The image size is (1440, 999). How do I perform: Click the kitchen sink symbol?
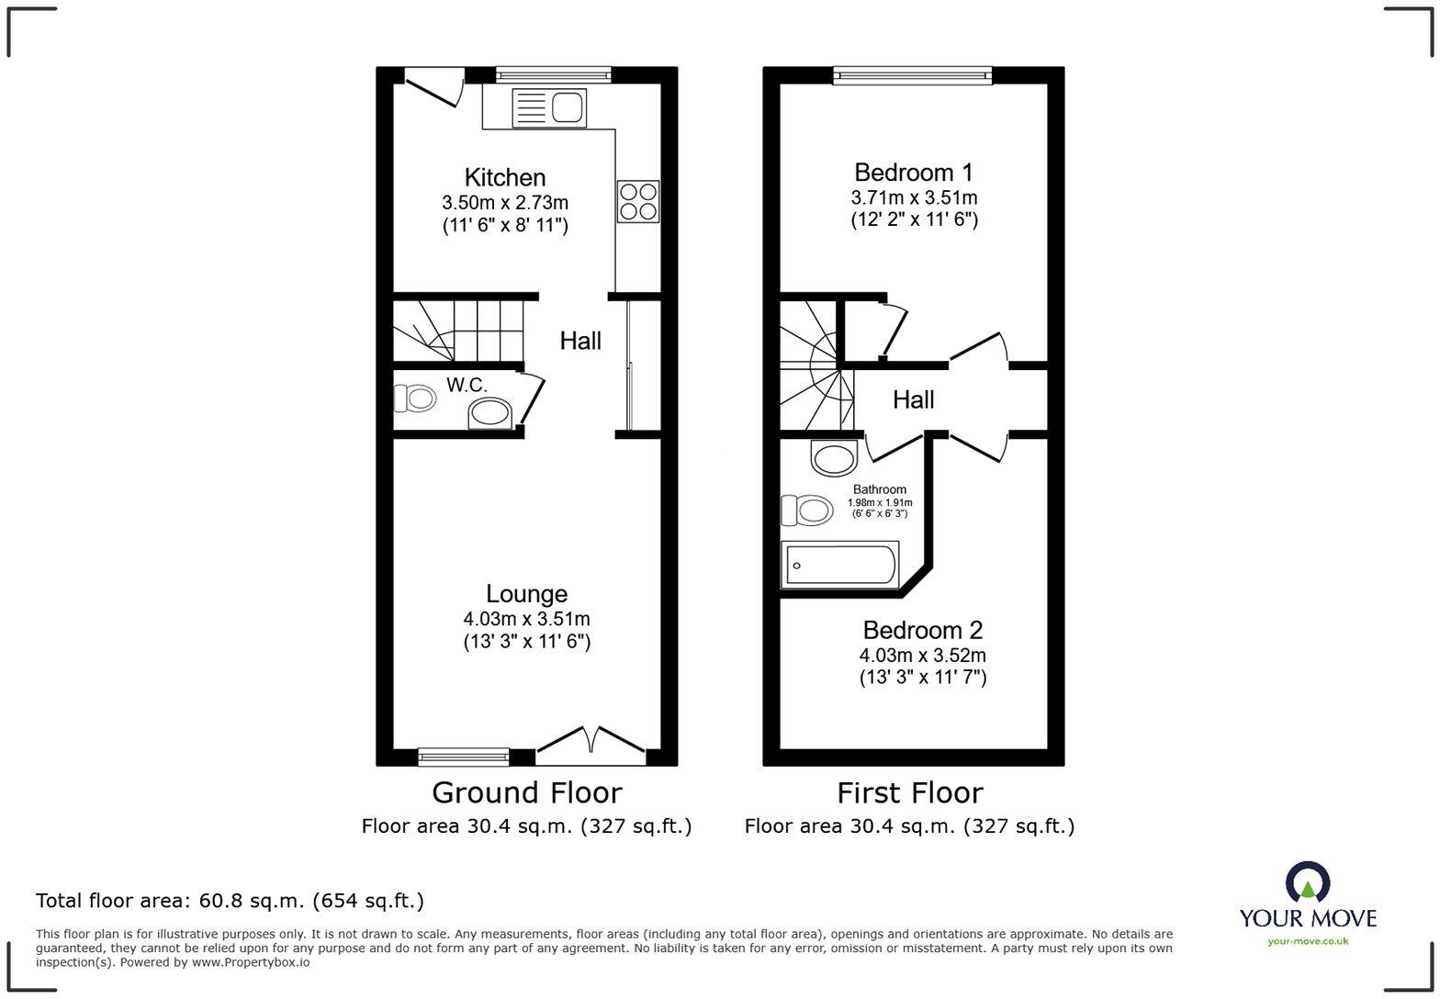[548, 107]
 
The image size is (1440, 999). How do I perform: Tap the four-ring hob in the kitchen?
[637, 201]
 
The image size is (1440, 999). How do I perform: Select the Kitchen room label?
[504, 177]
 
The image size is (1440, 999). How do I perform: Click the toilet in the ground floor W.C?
[415, 398]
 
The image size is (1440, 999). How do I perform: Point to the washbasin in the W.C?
[490, 413]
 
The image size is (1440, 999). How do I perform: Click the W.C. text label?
[467, 385]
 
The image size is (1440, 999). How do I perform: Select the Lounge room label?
[526, 594]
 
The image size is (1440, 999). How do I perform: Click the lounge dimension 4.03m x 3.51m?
[526, 619]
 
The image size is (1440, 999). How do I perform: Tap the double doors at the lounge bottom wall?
[591, 744]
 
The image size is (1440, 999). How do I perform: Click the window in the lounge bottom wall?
[463, 757]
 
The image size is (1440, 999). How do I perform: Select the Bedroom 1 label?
[913, 173]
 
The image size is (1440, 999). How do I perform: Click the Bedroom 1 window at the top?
[912, 75]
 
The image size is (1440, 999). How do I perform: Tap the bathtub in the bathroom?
[839, 565]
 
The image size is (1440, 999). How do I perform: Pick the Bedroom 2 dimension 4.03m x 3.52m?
[922, 656]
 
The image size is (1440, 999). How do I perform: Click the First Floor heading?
[909, 792]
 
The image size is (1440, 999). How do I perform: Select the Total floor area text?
[230, 901]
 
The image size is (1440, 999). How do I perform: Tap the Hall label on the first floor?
[913, 399]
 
